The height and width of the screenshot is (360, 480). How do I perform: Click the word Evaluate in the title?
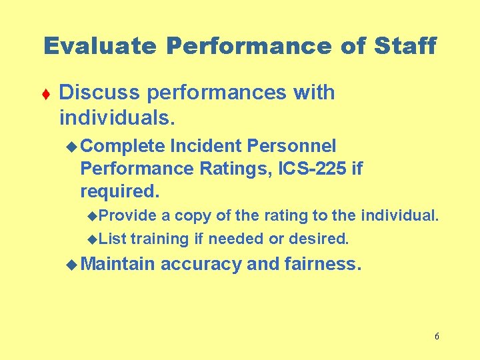(x=99, y=47)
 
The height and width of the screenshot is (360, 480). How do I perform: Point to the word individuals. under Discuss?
(x=117, y=118)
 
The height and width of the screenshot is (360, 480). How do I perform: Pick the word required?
(x=120, y=191)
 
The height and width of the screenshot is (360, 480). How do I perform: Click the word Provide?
(x=129, y=216)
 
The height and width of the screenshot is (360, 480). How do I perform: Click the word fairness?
(x=323, y=264)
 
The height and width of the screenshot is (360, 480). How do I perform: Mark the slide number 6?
(x=437, y=336)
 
